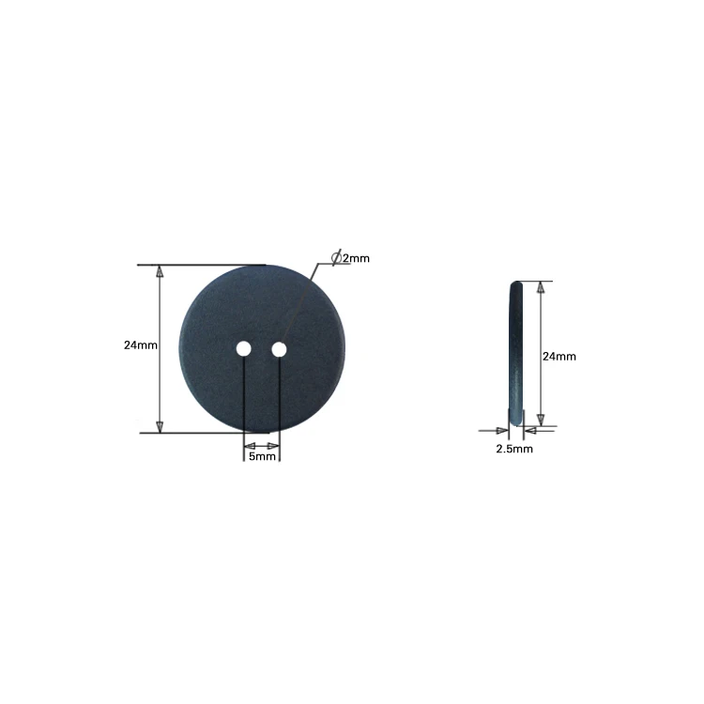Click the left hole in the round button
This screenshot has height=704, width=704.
click(x=243, y=349)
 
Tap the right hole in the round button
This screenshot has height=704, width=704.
click(x=279, y=349)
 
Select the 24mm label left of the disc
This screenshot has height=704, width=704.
click(x=140, y=345)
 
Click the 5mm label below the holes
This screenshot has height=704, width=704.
click(x=262, y=456)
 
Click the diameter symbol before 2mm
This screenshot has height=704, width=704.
click(x=336, y=257)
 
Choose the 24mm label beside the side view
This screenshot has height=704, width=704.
click(x=559, y=356)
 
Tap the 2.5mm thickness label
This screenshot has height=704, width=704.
click(x=514, y=450)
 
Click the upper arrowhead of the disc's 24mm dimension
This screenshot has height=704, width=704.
click(x=160, y=273)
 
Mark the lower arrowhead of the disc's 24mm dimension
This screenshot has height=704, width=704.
click(x=160, y=424)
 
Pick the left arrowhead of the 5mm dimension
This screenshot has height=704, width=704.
click(x=249, y=444)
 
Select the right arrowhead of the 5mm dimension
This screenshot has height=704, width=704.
click(x=274, y=444)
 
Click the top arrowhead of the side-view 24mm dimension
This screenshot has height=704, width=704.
click(x=540, y=288)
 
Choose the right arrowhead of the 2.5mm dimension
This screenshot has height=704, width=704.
click(x=528, y=431)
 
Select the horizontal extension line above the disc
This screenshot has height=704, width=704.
click(x=202, y=266)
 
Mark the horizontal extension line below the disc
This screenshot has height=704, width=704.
click(x=202, y=433)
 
